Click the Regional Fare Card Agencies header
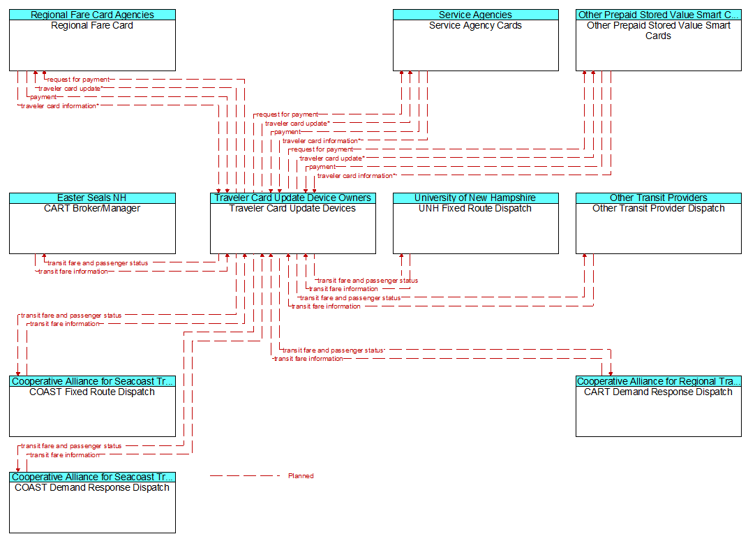92,15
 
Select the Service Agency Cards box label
476,25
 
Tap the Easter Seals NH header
92,198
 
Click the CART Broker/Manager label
92,209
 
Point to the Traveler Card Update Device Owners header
293,198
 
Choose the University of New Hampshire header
476,198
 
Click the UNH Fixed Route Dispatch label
475,209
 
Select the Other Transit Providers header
658,198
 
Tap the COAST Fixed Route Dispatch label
92,392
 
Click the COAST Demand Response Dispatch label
92,487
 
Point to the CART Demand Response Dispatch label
658,392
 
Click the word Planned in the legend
301,475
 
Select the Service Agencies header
476,15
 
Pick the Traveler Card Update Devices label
292,209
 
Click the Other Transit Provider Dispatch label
658,209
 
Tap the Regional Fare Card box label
92,25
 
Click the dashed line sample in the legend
245,475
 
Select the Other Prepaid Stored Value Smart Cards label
658,31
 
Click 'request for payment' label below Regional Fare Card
78,80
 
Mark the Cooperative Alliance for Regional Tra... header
658,381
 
